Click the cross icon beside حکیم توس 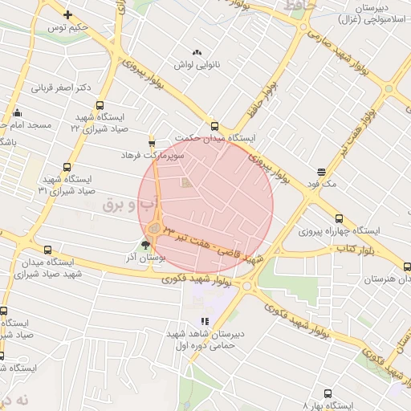tap(67, 14)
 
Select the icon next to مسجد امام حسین tap(16, 112)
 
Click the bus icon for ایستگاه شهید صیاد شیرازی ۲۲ tap(100, 105)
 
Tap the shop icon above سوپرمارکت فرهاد tap(152, 140)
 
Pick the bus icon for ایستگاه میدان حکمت tap(214, 126)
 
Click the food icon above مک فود tap(321, 171)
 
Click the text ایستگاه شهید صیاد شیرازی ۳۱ tap(68, 185)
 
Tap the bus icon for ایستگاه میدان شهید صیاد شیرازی tap(49, 250)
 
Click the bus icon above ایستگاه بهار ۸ tap(328, 393)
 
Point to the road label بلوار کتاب tap(340, 251)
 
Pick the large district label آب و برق tap(128, 205)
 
